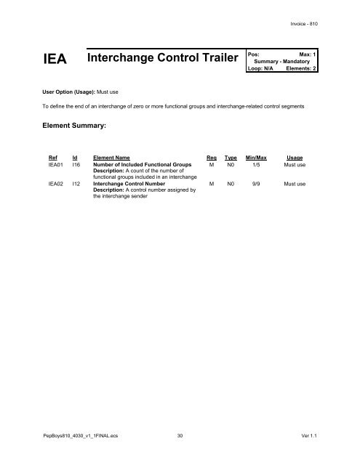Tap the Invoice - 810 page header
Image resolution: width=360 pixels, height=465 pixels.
coord(304,24)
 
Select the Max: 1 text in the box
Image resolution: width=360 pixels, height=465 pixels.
coord(311,54)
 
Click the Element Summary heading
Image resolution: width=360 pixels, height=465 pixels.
coord(75,126)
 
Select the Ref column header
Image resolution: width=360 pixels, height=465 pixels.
coord(52,156)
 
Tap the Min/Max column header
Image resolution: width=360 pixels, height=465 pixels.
coord(256,156)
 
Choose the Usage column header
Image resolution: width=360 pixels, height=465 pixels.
coord(295,156)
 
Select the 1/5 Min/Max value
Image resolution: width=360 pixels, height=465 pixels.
coord(256,165)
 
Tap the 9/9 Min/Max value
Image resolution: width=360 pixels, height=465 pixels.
coord(256,185)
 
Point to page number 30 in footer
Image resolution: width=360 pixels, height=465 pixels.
coord(180,437)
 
